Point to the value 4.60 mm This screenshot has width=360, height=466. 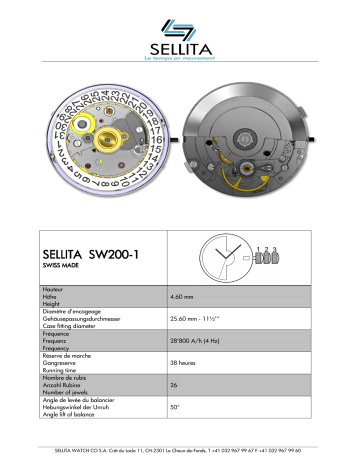pyautogui.click(x=183, y=297)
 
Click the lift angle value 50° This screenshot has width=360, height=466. pyautogui.click(x=176, y=407)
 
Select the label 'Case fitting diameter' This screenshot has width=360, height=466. pyautogui.click(x=78, y=328)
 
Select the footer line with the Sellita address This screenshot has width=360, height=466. pyautogui.click(x=180, y=450)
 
